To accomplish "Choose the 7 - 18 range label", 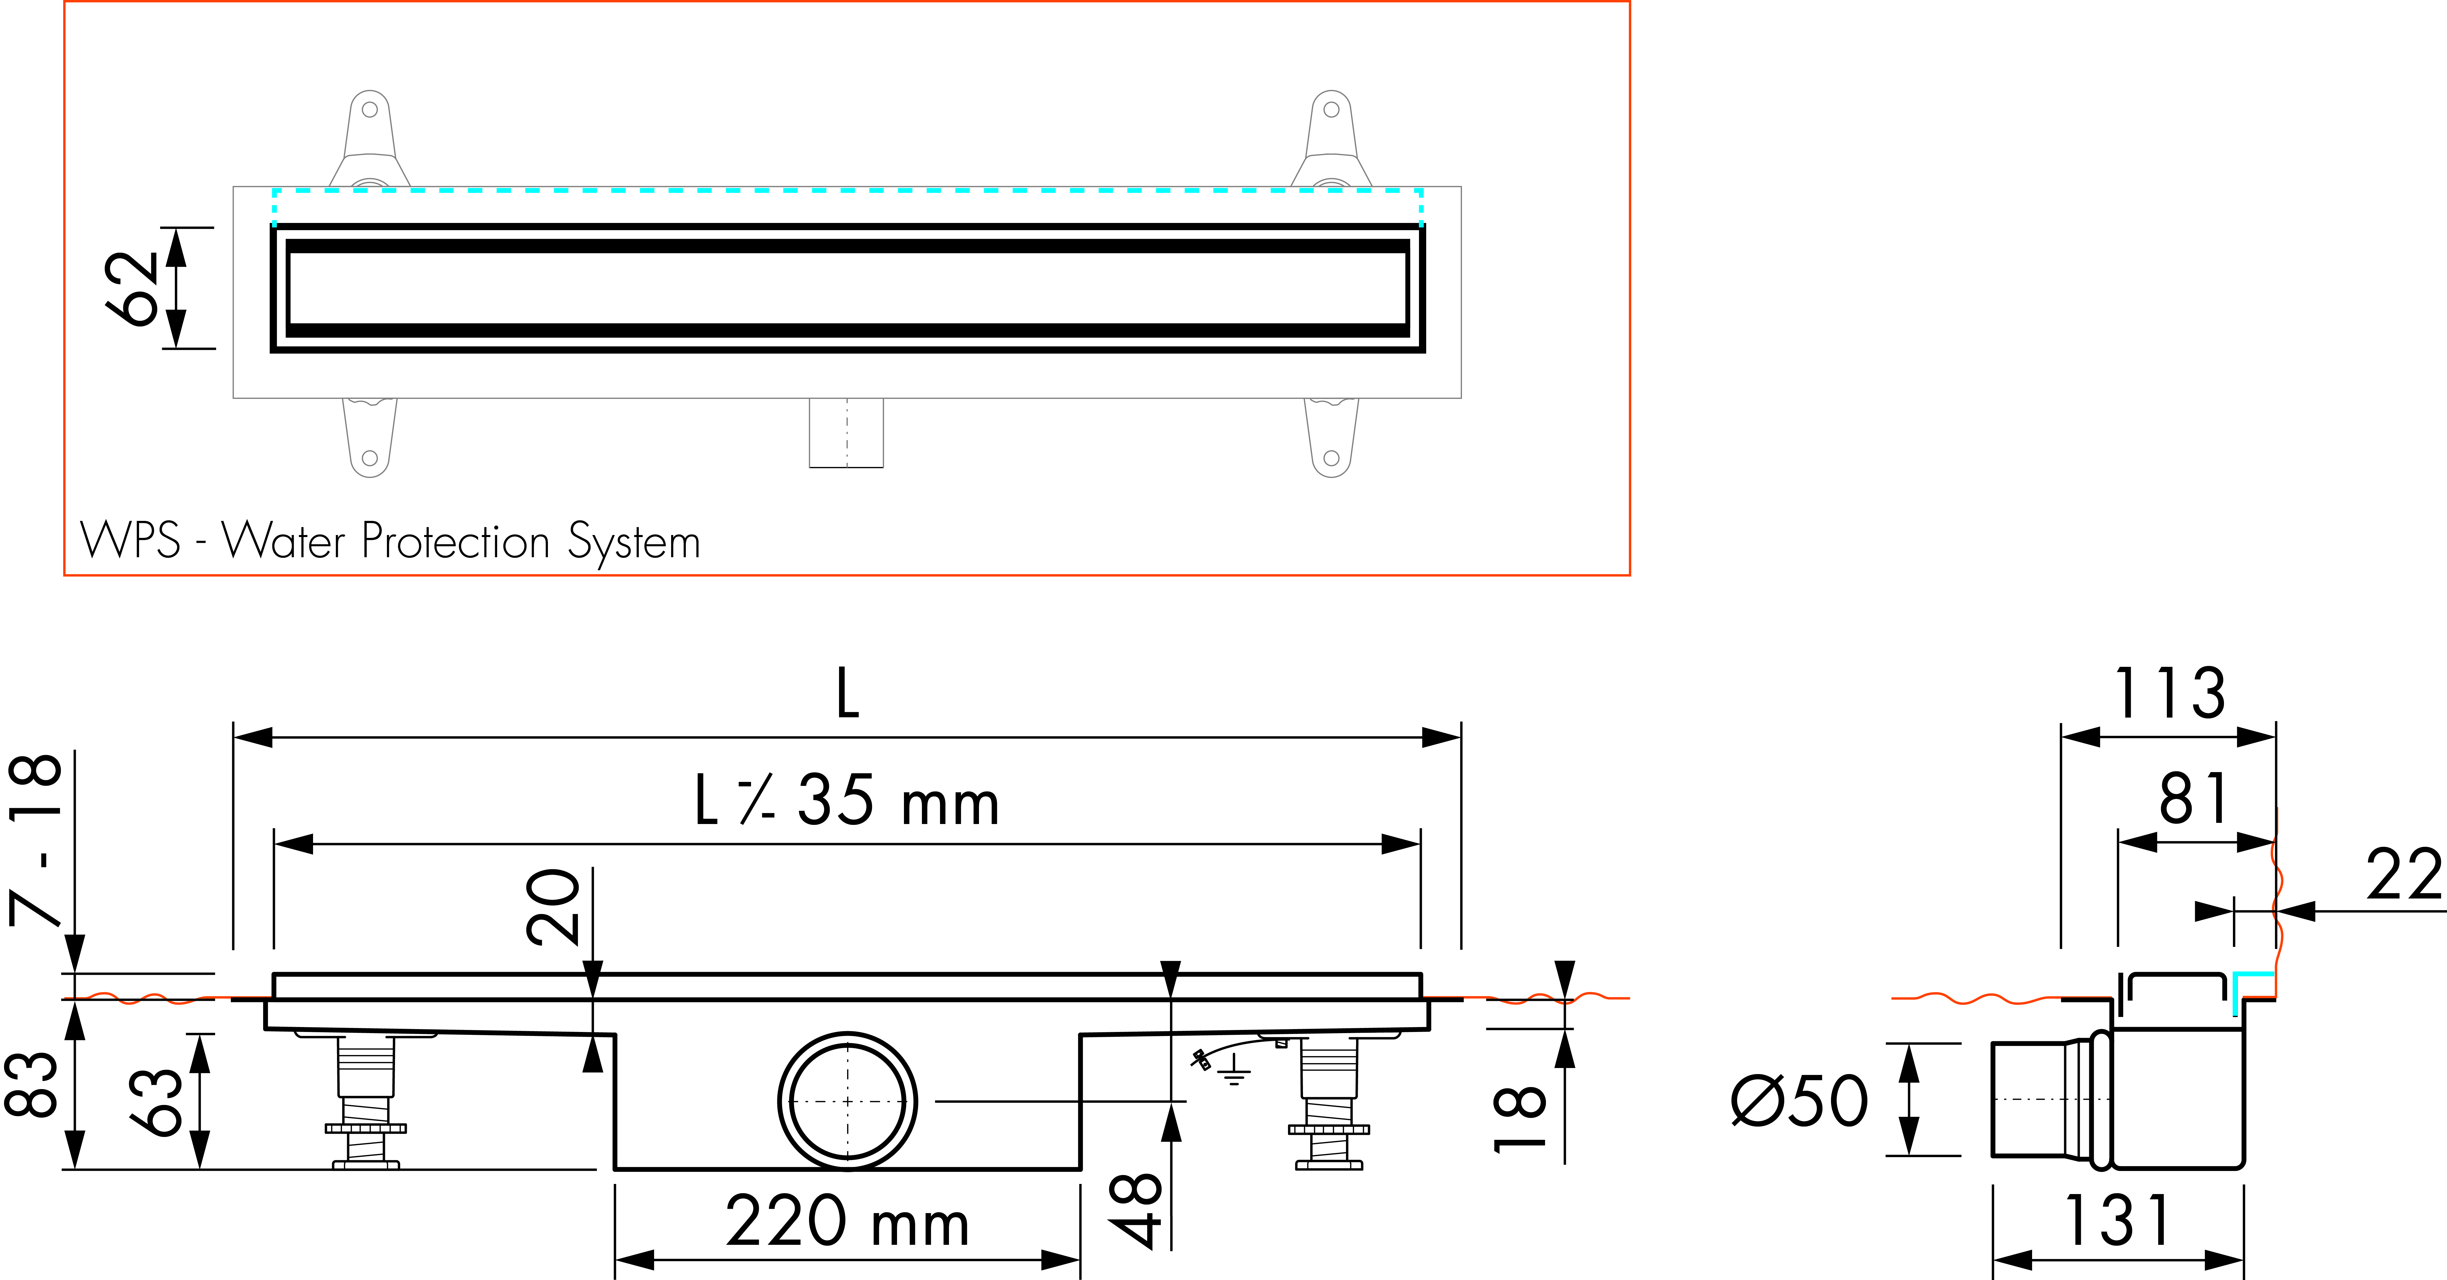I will tap(36, 840).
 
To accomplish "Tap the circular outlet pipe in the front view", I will tap(847, 1101).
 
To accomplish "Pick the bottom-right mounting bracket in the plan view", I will tap(1332, 437).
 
